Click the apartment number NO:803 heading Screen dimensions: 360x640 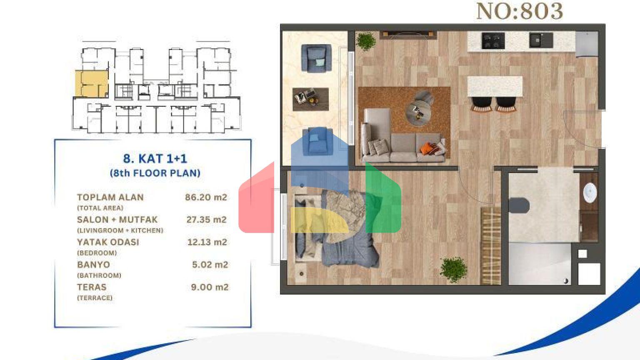(x=519, y=11)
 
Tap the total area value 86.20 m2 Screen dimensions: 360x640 (x=206, y=197)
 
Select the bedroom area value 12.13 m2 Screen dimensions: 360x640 (x=207, y=242)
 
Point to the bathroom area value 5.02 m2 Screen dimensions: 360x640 (x=210, y=265)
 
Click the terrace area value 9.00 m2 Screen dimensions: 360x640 (x=210, y=287)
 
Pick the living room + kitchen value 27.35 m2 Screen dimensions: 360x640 (x=206, y=220)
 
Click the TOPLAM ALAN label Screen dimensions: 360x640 (x=110, y=197)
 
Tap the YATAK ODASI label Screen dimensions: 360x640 (x=108, y=242)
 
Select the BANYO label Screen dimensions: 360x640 (x=93, y=265)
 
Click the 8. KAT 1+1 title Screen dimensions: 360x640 (x=155, y=158)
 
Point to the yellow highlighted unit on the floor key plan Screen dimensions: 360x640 (x=91, y=83)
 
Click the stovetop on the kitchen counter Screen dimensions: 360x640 (x=493, y=41)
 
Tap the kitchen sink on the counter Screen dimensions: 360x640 (x=540, y=40)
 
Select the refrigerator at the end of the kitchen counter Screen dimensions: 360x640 (x=587, y=43)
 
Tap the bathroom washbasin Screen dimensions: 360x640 (x=590, y=193)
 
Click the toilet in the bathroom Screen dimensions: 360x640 (x=519, y=205)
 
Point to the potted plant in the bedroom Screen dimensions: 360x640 (x=453, y=269)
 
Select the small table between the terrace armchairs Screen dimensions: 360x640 (x=310, y=99)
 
